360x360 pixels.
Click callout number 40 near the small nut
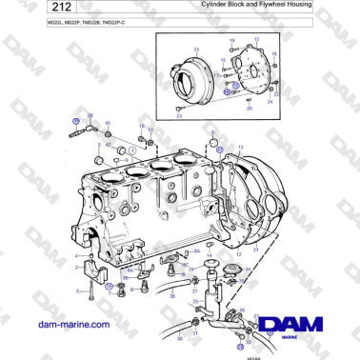(x=107, y=123)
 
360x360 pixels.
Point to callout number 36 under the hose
(x=173, y=296)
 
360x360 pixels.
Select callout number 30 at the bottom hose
(x=194, y=332)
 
